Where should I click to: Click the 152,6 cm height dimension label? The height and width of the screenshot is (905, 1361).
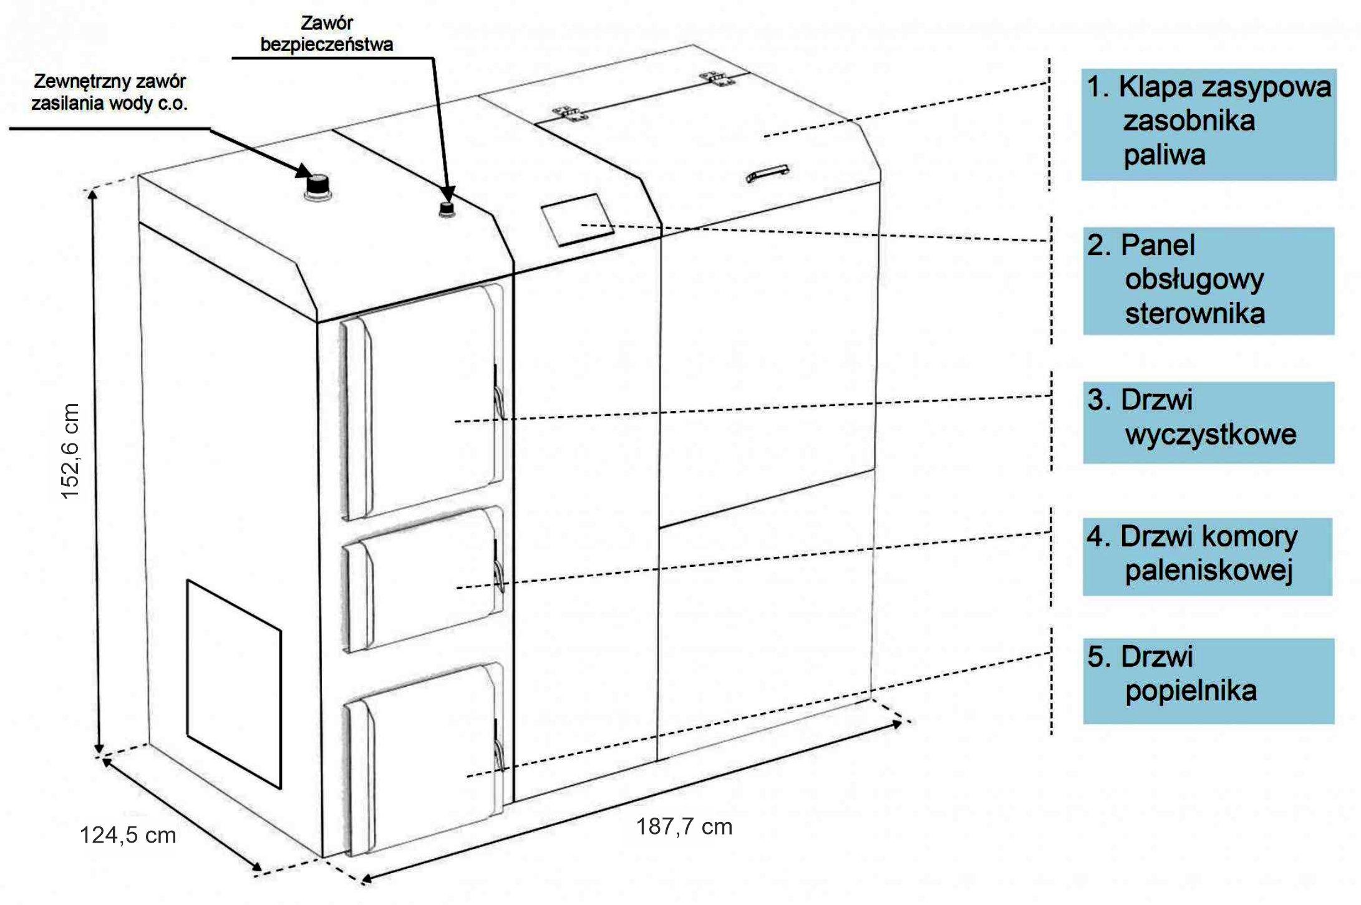[70, 450]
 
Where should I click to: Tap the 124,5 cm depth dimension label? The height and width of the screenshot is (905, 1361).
[128, 835]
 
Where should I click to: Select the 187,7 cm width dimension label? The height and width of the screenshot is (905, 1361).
[684, 826]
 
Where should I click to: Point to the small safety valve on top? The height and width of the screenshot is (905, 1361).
[447, 210]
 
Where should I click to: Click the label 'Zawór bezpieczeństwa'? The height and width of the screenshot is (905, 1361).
[327, 34]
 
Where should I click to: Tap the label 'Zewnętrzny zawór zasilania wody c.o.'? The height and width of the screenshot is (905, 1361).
[109, 92]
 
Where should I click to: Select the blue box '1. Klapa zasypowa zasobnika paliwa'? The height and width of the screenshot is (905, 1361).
[1208, 124]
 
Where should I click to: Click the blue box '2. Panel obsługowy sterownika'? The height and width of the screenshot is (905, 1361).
[1208, 281]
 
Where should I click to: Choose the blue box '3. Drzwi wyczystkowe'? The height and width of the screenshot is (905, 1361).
[1208, 422]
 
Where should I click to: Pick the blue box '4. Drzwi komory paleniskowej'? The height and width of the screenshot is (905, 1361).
[1207, 556]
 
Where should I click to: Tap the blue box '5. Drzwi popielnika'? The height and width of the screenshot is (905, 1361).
[1208, 680]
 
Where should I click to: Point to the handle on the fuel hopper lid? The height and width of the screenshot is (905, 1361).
[767, 173]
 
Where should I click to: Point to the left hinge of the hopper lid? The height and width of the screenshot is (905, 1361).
[571, 113]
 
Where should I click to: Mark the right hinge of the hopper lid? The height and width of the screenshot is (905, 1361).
[716, 77]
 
